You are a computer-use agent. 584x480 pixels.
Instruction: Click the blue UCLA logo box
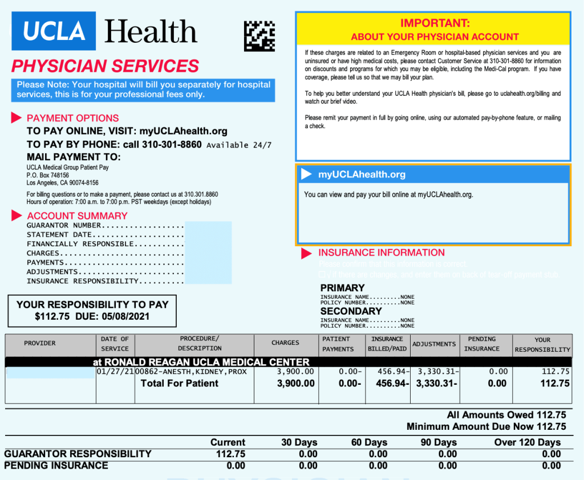(54, 31)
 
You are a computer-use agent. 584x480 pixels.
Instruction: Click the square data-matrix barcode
(259, 36)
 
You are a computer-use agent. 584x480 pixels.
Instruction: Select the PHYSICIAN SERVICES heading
(106, 66)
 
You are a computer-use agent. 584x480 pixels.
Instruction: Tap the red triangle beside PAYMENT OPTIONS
(16, 118)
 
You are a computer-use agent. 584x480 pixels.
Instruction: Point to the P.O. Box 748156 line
(48, 176)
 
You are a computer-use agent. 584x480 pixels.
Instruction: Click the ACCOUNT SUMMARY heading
(77, 215)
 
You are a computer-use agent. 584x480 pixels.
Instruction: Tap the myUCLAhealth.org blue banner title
(362, 174)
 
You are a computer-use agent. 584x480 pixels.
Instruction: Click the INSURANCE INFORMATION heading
(381, 253)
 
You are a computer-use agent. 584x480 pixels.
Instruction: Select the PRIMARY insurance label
(342, 288)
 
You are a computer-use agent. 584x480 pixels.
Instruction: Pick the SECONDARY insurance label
(351, 311)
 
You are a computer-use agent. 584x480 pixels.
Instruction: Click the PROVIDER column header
(40, 343)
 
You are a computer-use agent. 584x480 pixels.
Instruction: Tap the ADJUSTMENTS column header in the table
(434, 344)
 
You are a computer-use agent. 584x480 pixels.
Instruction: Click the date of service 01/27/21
(115, 372)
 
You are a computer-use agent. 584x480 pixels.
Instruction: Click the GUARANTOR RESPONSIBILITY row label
(78, 454)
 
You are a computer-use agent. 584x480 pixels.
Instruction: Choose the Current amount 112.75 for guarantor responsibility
(230, 454)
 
